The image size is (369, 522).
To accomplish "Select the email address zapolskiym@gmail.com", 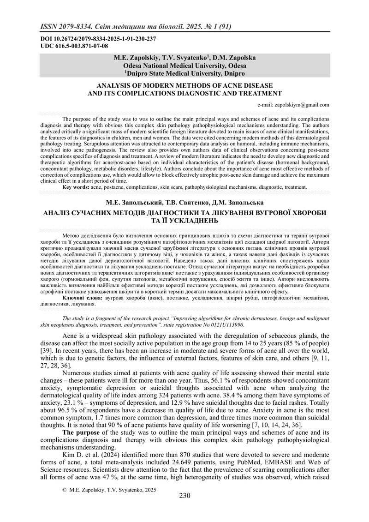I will pos(301,105).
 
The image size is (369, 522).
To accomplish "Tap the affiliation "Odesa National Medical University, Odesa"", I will pos(184,66).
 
